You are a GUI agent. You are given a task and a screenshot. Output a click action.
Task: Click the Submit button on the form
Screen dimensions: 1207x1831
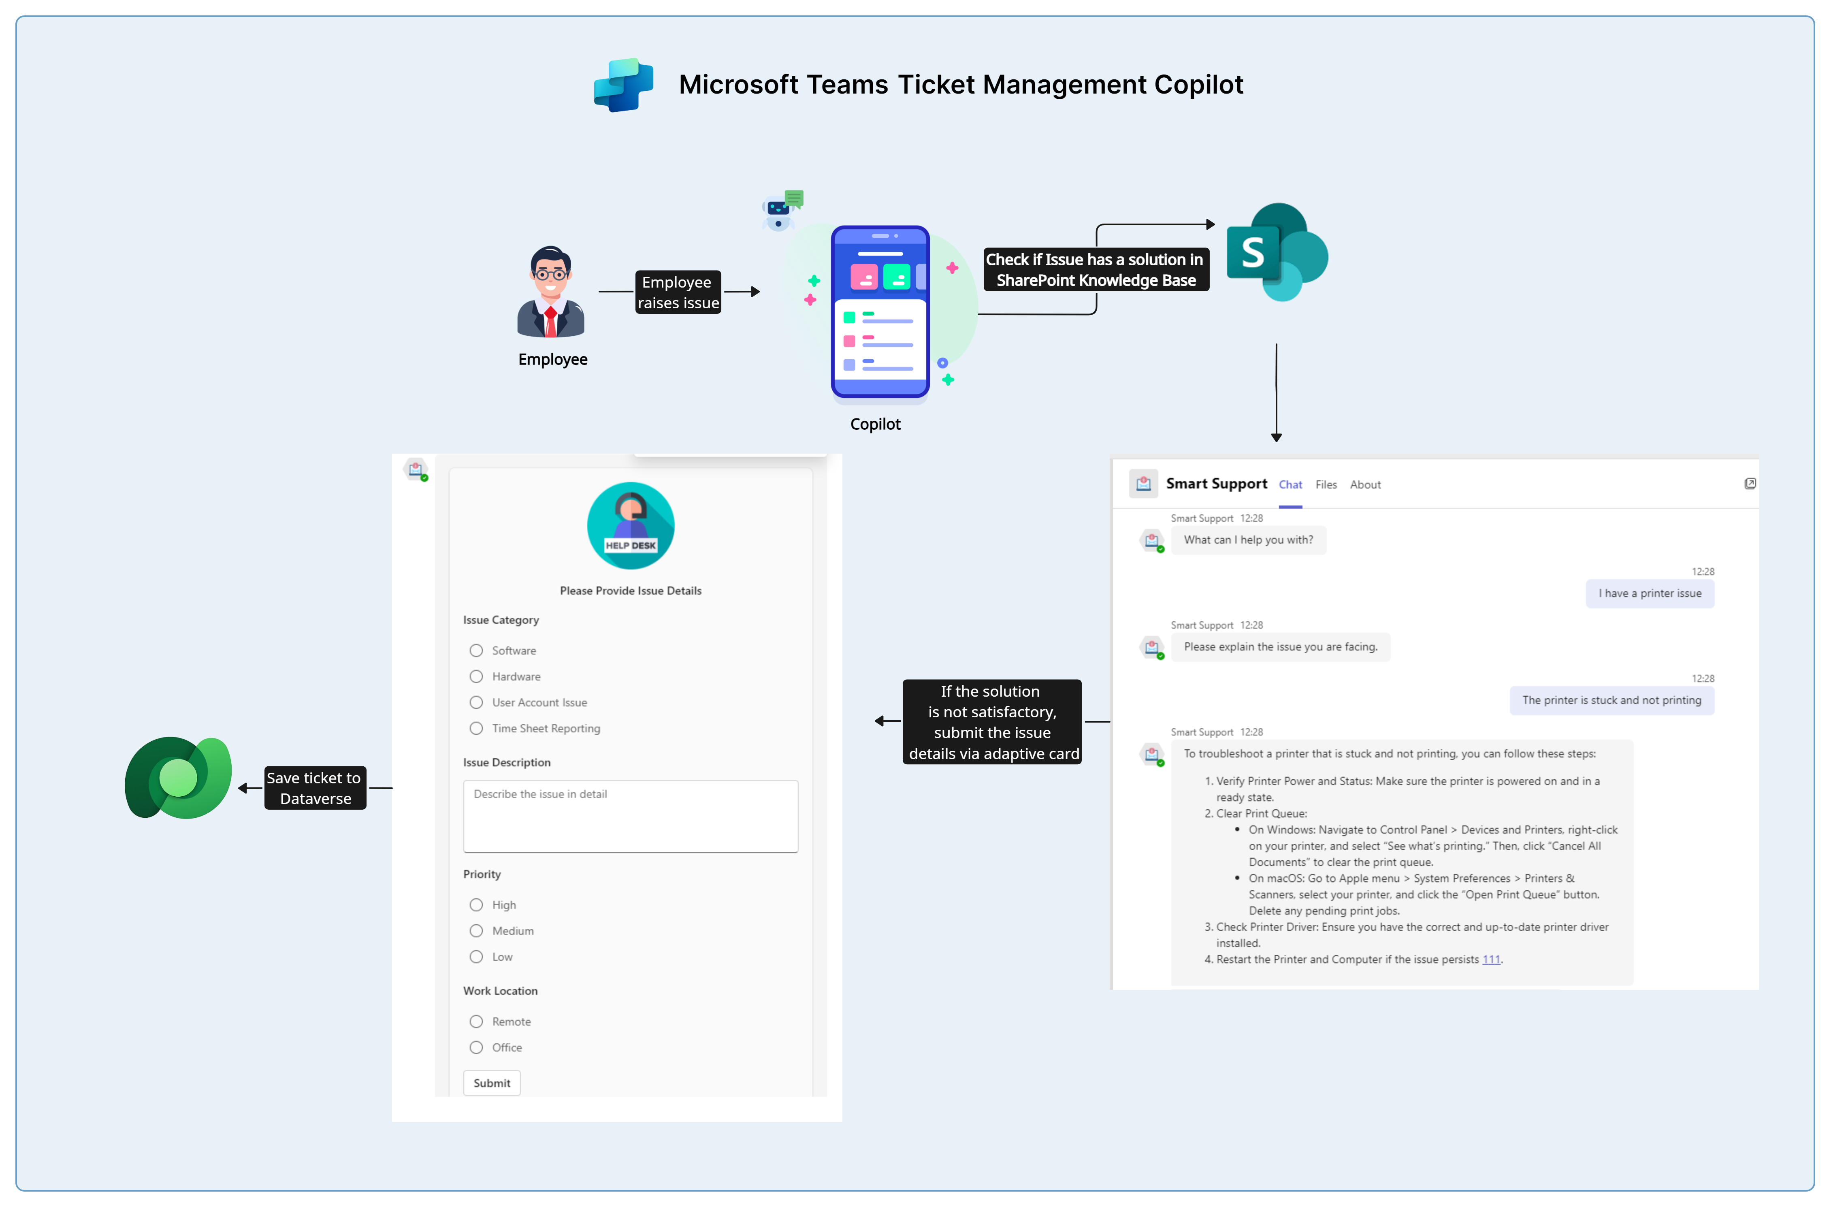492,1083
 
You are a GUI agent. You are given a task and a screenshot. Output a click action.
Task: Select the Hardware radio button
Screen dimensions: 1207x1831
476,677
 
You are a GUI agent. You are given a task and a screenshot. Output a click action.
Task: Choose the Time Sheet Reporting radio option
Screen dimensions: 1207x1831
476,728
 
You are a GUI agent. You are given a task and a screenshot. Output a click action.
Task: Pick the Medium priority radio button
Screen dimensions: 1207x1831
476,931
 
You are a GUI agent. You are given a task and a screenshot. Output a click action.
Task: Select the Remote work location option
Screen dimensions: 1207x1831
476,1021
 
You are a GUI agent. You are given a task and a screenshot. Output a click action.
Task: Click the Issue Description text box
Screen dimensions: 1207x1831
630,816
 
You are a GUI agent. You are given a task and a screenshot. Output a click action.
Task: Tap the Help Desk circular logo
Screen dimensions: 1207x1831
630,526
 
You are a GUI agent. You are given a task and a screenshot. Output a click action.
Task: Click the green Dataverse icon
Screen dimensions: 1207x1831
179,778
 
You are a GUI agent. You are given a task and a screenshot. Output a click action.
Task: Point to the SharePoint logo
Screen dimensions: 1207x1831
1277,252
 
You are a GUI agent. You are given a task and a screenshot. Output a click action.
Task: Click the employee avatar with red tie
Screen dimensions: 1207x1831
551,292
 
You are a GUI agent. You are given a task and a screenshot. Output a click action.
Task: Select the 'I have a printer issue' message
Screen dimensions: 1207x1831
1650,593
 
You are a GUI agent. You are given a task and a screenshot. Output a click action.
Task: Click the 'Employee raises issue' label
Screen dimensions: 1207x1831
677,292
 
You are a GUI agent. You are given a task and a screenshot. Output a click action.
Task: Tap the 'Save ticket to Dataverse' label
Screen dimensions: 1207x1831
315,788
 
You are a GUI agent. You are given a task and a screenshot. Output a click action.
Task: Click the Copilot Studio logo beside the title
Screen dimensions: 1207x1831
623,85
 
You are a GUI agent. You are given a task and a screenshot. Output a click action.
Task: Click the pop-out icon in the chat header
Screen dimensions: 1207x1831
1750,484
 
